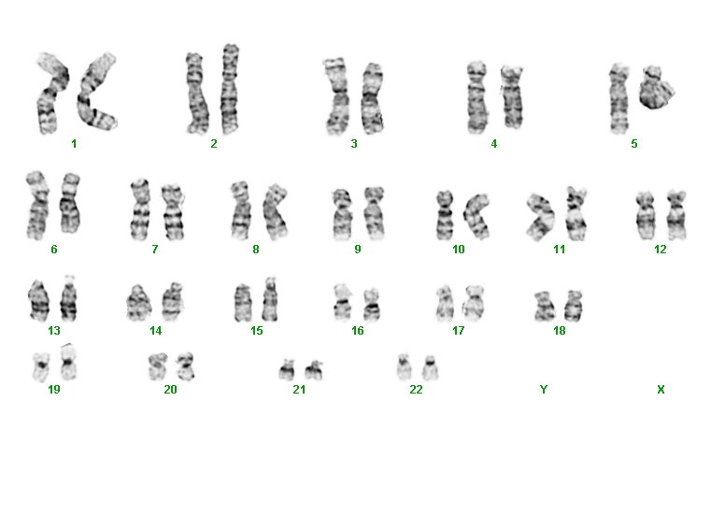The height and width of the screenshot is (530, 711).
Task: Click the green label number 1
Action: coord(74,144)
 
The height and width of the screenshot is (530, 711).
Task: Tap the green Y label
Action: coord(544,390)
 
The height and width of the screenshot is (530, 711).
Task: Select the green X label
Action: coord(661,390)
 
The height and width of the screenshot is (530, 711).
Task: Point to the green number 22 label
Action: coord(416,390)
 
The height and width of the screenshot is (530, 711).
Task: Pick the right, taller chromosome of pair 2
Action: coord(230,89)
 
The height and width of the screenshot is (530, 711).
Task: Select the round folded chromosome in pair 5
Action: coord(656,88)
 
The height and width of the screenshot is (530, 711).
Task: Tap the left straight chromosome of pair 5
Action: coord(619,98)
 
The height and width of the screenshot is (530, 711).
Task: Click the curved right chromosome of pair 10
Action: coord(476,216)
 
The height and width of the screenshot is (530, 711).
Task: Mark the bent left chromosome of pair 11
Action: coord(541,217)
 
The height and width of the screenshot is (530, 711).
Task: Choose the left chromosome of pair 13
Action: coord(38,300)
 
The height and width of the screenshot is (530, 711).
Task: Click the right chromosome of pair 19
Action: coord(68,362)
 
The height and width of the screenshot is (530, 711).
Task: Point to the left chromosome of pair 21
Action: coord(287,369)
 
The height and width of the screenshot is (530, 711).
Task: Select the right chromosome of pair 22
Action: coord(430,367)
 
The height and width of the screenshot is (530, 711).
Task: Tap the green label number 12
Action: coord(661,250)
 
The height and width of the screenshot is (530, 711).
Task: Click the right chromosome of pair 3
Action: coord(372,98)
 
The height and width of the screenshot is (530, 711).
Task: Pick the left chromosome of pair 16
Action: coord(343,302)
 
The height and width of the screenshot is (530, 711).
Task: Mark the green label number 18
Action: coord(559,330)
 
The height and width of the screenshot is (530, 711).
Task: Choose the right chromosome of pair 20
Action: coord(186,366)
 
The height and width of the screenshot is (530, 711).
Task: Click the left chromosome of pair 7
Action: coord(140,209)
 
